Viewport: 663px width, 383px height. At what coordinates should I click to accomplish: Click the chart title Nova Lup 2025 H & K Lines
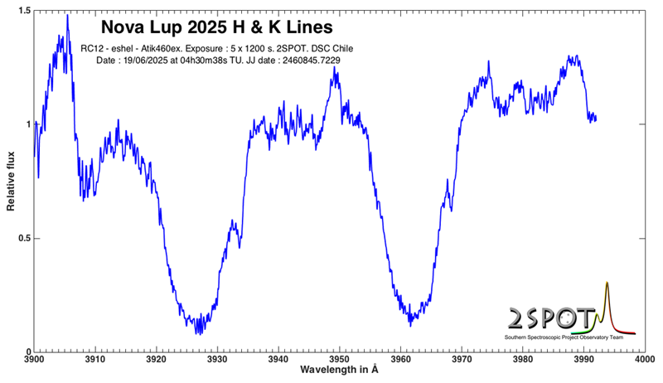pyautogui.click(x=216, y=27)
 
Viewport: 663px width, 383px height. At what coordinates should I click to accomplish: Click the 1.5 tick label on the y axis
pyautogui.click(x=24, y=11)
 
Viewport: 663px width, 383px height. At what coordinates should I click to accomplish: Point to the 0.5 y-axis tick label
pyautogui.click(x=24, y=239)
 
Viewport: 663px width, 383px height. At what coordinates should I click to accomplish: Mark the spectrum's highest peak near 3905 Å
pyautogui.click(x=67, y=15)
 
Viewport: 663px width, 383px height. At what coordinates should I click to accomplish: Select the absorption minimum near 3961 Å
pyautogui.click(x=410, y=324)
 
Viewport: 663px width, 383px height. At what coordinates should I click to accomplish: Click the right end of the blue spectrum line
pyautogui.click(x=595, y=119)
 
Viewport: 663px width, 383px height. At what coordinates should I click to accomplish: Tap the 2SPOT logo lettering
pyautogui.click(x=549, y=319)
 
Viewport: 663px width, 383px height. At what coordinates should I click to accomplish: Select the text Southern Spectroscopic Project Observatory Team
pyautogui.click(x=569, y=338)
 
